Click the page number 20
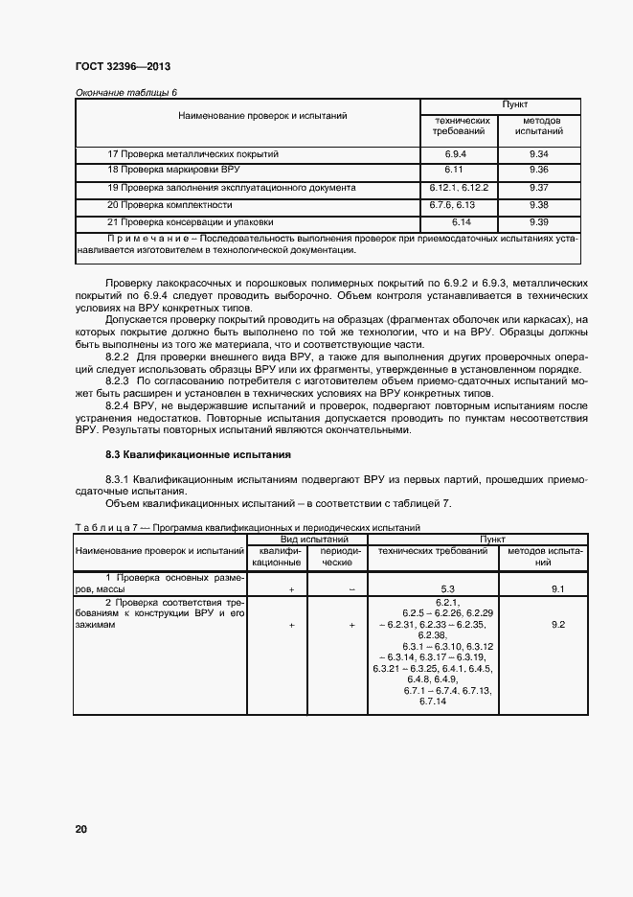tap(80, 828)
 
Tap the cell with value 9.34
tap(537, 153)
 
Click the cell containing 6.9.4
tap(455, 153)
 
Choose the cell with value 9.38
tap(537, 204)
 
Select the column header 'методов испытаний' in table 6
tap(537, 126)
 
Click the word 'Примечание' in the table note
tap(150, 238)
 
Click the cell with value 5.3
tap(446, 588)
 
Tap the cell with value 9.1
tap(557, 588)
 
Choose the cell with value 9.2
tap(557, 624)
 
